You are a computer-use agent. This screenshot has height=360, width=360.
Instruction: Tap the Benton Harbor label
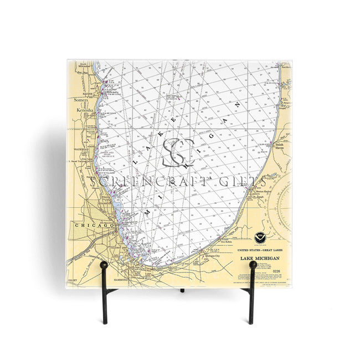point(255,189)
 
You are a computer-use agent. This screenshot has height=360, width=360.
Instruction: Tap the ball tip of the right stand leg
point(253,265)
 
